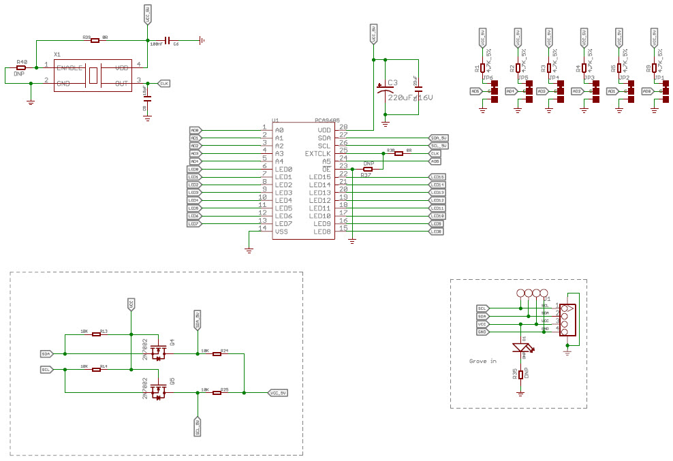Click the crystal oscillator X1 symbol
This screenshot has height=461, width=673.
click(x=93, y=75)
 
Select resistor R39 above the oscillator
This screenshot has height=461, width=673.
click(x=95, y=41)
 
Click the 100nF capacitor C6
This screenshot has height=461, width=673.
click(x=167, y=41)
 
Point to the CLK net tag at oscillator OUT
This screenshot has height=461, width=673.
click(x=164, y=83)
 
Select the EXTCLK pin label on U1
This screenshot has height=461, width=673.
click(x=317, y=153)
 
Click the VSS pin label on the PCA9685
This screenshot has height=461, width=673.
click(x=281, y=232)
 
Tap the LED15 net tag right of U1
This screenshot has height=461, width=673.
click(x=437, y=177)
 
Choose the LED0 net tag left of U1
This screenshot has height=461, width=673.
click(x=193, y=169)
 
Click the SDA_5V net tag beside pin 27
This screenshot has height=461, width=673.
click(x=439, y=138)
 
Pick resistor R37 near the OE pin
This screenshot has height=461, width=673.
click(x=368, y=169)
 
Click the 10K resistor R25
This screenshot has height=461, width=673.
click(x=217, y=393)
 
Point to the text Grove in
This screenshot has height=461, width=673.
click(x=483, y=361)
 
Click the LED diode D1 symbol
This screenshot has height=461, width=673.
click(x=522, y=348)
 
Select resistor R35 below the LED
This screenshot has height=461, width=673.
click(x=521, y=375)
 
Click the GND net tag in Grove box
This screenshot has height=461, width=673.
click(x=482, y=332)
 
